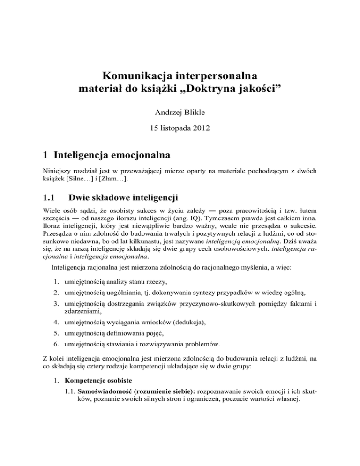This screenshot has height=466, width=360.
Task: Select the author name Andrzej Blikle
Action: pos(180,112)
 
